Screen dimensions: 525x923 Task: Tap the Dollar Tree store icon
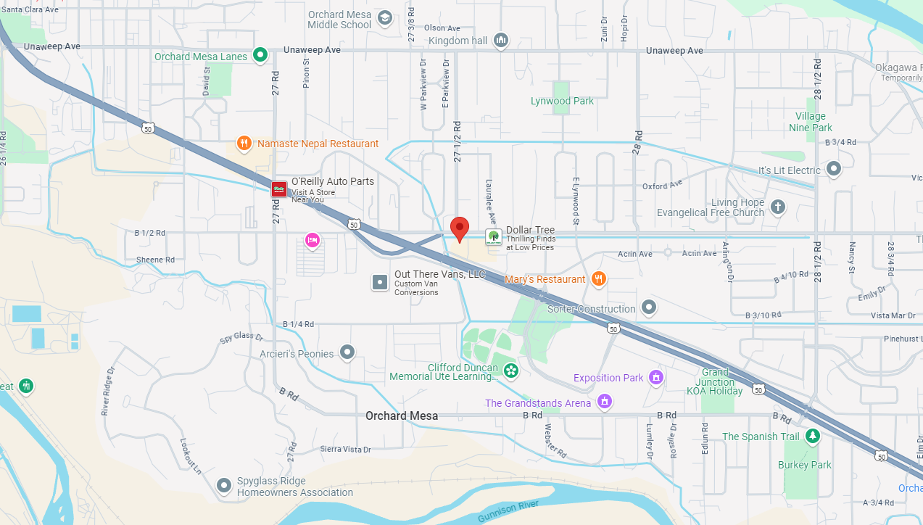click(x=493, y=236)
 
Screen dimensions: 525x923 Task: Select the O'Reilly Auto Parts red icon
click(x=278, y=189)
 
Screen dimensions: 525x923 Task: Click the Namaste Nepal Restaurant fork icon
click(x=244, y=144)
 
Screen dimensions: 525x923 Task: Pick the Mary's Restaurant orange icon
click(x=598, y=278)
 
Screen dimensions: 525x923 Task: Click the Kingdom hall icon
click(x=500, y=41)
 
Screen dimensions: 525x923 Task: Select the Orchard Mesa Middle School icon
click(x=385, y=17)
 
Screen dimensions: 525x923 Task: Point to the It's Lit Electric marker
click(x=834, y=170)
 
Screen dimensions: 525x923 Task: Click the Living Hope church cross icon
click(x=777, y=207)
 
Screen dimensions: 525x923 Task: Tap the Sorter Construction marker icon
click(x=649, y=308)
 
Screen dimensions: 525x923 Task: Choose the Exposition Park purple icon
click(x=656, y=377)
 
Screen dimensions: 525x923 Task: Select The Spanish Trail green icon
click(x=813, y=436)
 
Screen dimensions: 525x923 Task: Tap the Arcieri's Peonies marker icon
click(x=347, y=353)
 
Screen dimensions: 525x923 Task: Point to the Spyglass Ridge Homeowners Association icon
click(x=225, y=485)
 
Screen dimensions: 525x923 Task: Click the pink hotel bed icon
click(x=313, y=240)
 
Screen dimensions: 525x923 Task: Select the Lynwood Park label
click(x=562, y=101)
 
